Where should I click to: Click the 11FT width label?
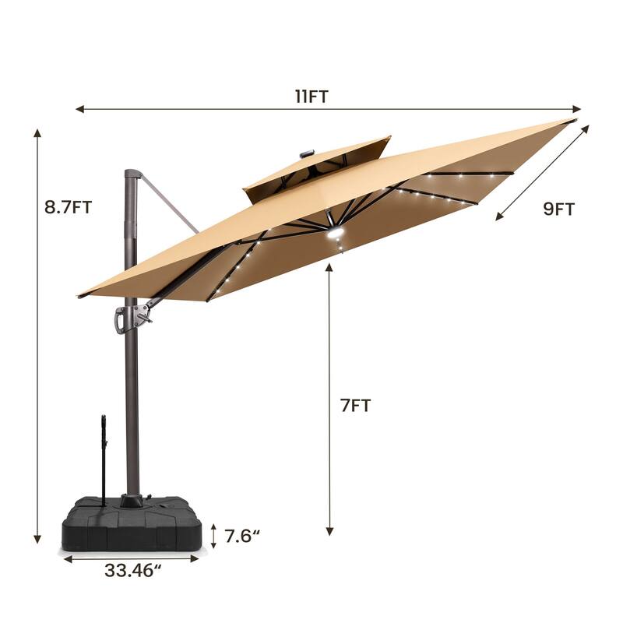tap(311, 97)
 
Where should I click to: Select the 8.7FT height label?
tap(69, 207)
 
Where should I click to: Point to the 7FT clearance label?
tap(355, 405)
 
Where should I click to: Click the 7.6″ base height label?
tap(241, 537)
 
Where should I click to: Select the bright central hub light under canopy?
tap(337, 234)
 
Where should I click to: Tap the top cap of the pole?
tap(132, 174)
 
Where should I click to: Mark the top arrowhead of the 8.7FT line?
tap(37, 132)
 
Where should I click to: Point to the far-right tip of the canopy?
tap(572, 121)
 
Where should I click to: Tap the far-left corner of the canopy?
tap(79, 296)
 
